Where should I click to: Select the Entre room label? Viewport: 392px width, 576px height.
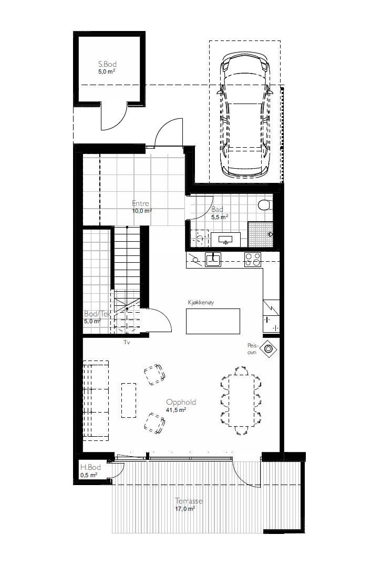(140, 204)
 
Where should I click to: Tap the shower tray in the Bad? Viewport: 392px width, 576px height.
(261, 234)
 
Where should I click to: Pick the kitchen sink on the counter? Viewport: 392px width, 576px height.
(213, 259)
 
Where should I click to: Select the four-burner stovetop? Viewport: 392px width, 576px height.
(253, 259)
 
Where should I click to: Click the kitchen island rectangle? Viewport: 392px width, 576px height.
(213, 321)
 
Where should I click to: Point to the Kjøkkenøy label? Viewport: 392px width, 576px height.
(201, 303)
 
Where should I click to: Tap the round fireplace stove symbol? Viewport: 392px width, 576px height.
(269, 348)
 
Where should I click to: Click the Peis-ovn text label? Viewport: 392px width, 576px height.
(253, 349)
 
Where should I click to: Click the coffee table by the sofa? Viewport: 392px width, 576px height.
(129, 399)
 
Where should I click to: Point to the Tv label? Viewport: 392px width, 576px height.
(127, 342)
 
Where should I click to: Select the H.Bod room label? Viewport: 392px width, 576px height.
(90, 467)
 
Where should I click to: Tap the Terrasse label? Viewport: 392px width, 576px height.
(188, 501)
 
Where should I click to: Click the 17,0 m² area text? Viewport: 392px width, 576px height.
(185, 509)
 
